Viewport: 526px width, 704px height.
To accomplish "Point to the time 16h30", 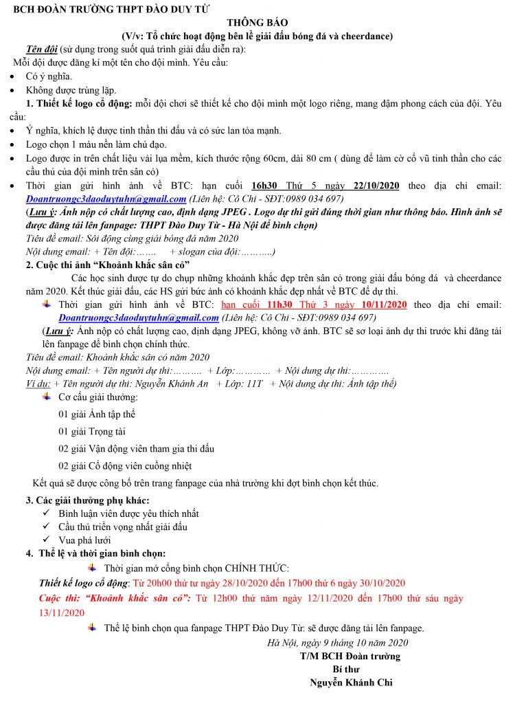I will click(x=264, y=186).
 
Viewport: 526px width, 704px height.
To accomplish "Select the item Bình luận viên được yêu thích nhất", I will click(x=128, y=514).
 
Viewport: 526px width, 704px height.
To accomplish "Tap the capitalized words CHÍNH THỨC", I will click(x=257, y=568).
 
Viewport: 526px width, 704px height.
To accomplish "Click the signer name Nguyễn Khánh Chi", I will click(x=351, y=683).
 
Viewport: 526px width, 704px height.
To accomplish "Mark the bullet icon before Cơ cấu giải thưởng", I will click(x=46, y=397).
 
